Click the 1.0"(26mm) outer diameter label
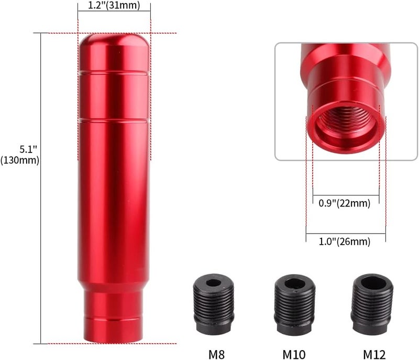[345, 242]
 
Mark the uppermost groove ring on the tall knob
[114, 71]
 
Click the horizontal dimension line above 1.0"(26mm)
[346, 234]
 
